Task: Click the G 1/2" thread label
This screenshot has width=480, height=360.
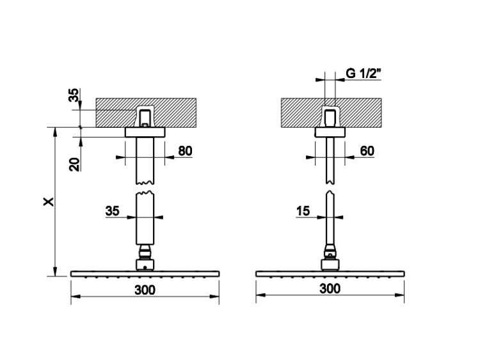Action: [x=364, y=74]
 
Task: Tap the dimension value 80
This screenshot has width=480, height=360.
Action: [x=185, y=151]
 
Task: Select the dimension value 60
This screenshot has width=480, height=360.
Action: [x=367, y=151]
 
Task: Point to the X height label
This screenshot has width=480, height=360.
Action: [x=49, y=201]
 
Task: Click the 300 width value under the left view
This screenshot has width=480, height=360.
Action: [x=145, y=290]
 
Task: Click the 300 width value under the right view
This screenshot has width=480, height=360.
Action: [x=330, y=288]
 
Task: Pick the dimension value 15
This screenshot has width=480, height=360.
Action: [x=303, y=211]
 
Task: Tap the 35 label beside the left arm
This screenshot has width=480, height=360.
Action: [x=113, y=211]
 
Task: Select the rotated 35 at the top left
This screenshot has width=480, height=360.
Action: [x=74, y=95]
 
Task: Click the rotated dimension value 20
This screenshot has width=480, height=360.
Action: [x=74, y=164]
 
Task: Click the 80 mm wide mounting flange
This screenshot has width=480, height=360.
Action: [x=145, y=132]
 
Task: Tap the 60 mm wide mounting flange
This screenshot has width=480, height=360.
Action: [x=330, y=132]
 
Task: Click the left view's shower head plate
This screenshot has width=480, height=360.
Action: [x=145, y=274]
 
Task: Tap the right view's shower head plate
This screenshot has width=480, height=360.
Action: [x=330, y=274]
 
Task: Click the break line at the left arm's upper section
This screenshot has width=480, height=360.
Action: [x=145, y=183]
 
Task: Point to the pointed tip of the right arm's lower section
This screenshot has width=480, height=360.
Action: [x=330, y=191]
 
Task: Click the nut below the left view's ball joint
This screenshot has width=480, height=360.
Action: [x=145, y=265]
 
